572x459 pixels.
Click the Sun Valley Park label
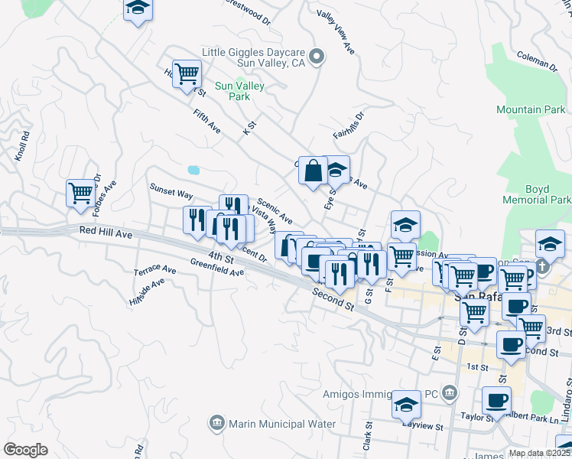(239, 91)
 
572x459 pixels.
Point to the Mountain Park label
(530, 110)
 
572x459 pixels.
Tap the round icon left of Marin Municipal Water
(216, 423)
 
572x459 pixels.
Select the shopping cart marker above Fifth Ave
(187, 74)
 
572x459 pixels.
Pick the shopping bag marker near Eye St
(314, 171)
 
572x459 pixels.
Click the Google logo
(25, 449)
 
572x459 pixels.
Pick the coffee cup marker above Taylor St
(496, 399)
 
